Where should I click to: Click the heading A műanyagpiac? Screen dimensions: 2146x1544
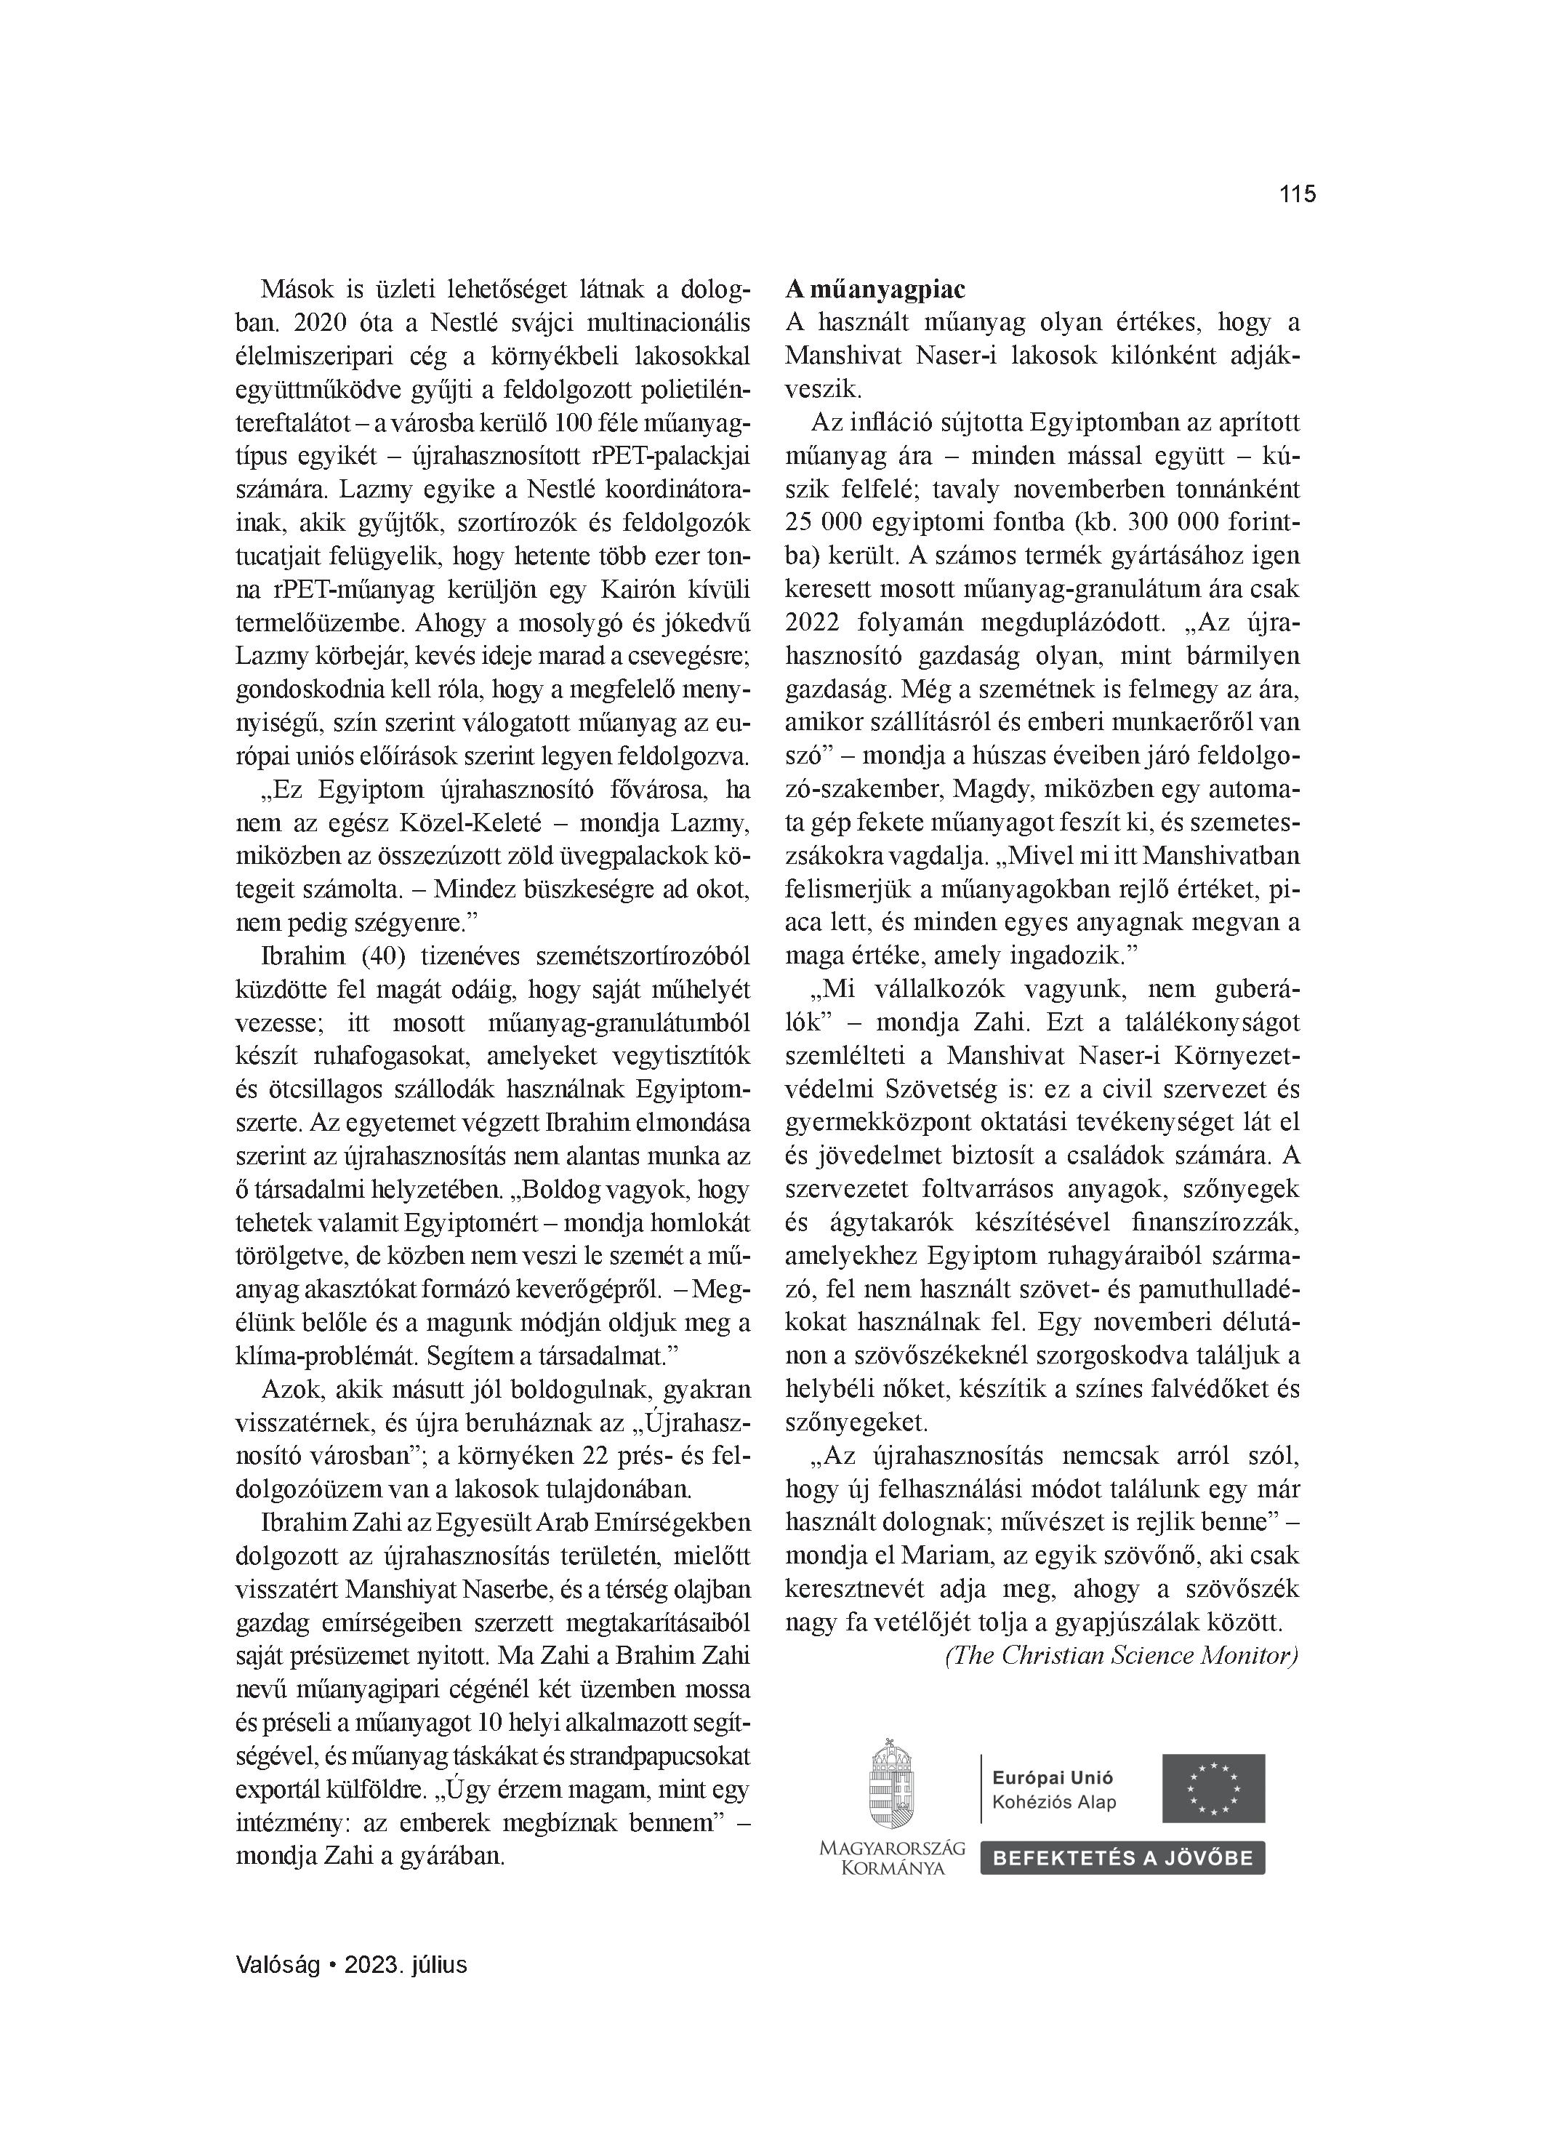coord(875,289)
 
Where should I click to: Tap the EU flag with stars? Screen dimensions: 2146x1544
coord(1214,1788)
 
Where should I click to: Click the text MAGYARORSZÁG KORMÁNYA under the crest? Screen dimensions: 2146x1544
coord(891,1857)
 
